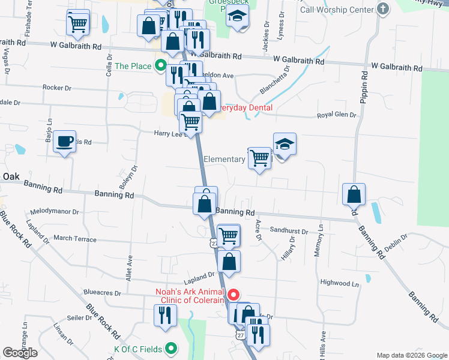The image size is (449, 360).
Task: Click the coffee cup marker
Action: point(65,142)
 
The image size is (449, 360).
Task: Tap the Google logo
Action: point(20,353)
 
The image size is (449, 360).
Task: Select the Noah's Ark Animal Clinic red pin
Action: point(232,295)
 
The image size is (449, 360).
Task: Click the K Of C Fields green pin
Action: point(171,347)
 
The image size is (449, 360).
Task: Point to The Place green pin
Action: point(160,65)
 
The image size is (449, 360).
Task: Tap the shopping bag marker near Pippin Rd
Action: point(354,195)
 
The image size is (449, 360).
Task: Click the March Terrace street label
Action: point(75,239)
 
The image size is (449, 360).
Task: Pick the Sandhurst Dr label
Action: point(289,231)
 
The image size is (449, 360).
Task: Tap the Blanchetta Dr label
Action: point(274,80)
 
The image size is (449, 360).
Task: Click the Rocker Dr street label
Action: point(57,88)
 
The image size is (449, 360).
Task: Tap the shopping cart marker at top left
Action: point(78,24)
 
